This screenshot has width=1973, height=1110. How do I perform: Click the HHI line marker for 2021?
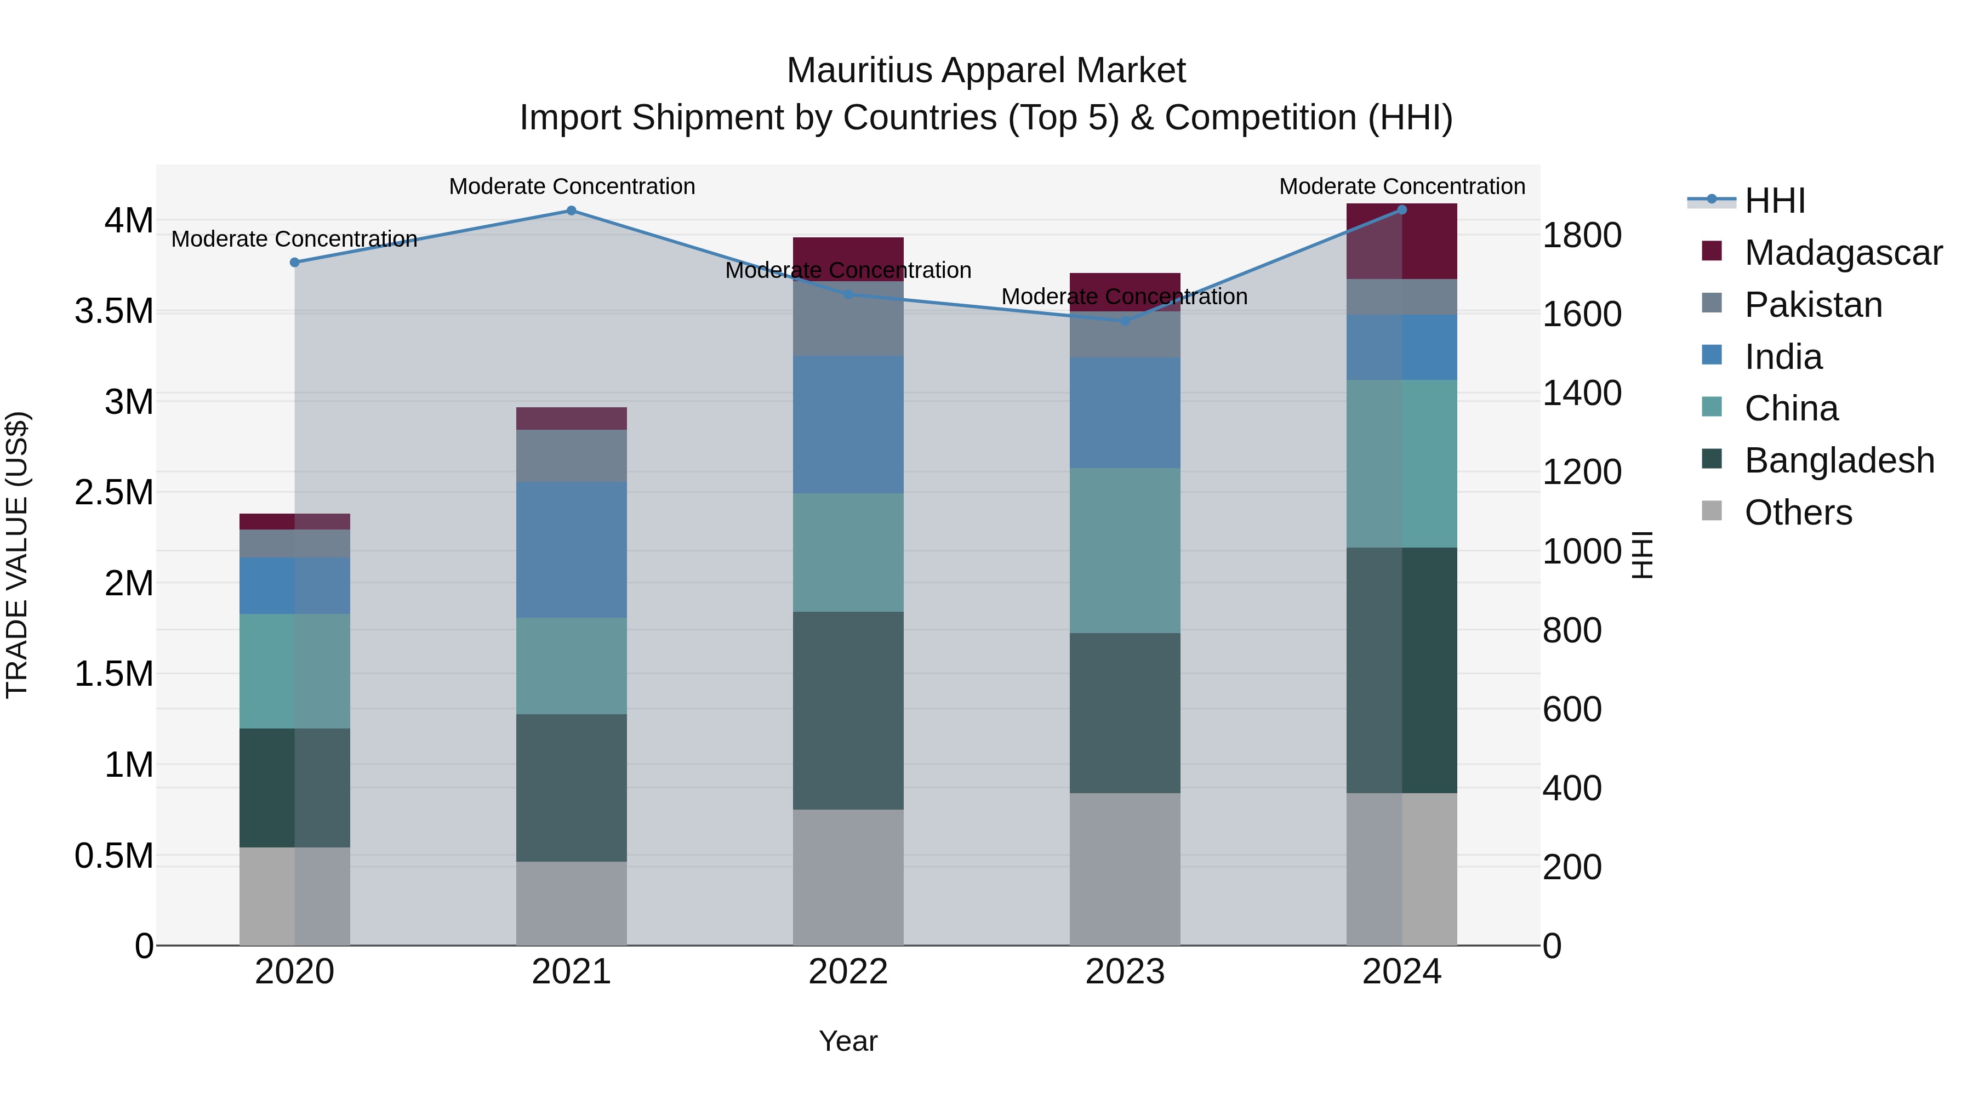coord(572,210)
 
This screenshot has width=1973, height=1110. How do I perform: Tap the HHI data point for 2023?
coord(1125,321)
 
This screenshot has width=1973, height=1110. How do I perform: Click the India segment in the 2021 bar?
coord(572,549)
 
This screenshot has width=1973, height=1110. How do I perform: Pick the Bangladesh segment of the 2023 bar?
coord(1125,713)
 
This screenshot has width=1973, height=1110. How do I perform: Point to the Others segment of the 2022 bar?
coord(848,876)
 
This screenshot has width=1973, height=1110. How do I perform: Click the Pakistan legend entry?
coord(1813,305)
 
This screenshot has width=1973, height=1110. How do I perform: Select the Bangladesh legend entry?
coord(1839,460)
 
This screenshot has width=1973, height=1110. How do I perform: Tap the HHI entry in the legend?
coord(1775,201)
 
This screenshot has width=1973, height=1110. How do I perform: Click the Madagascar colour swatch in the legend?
coord(1711,251)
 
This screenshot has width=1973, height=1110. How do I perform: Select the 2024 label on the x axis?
coord(1401,972)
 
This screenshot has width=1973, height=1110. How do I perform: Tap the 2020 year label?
coord(294,972)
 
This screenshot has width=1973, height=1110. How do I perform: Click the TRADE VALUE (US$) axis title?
coord(18,555)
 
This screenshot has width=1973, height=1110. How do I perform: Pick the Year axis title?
coord(848,1041)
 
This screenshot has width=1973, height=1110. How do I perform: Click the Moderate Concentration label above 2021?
coord(572,186)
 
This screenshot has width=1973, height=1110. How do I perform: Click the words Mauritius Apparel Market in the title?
coord(986,71)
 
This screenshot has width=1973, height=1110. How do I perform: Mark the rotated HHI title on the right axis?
coord(1642,555)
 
